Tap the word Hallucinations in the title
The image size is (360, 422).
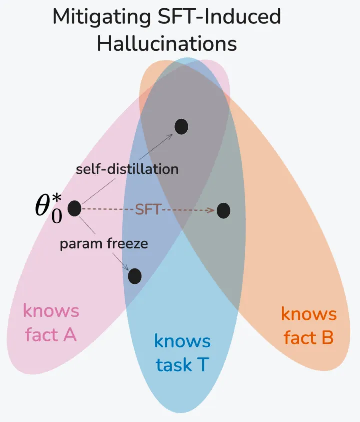(x=167, y=43)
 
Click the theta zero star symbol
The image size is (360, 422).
(x=49, y=208)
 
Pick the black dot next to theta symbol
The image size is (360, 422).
(x=74, y=208)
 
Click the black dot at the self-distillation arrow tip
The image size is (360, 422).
(x=181, y=127)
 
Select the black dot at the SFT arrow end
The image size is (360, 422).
(x=223, y=210)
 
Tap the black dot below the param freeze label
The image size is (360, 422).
(x=135, y=276)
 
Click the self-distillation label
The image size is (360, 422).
(x=127, y=169)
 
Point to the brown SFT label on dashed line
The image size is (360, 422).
(x=148, y=209)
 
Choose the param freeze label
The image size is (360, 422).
(x=104, y=244)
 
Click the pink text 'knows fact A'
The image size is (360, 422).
(x=51, y=323)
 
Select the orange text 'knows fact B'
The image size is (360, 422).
(x=309, y=326)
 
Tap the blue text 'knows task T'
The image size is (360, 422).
(x=182, y=353)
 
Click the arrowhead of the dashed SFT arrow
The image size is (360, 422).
(x=211, y=210)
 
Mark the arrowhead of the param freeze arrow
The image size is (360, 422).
(x=126, y=267)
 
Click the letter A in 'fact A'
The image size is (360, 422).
(x=70, y=334)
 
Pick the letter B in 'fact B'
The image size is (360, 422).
(x=327, y=337)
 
